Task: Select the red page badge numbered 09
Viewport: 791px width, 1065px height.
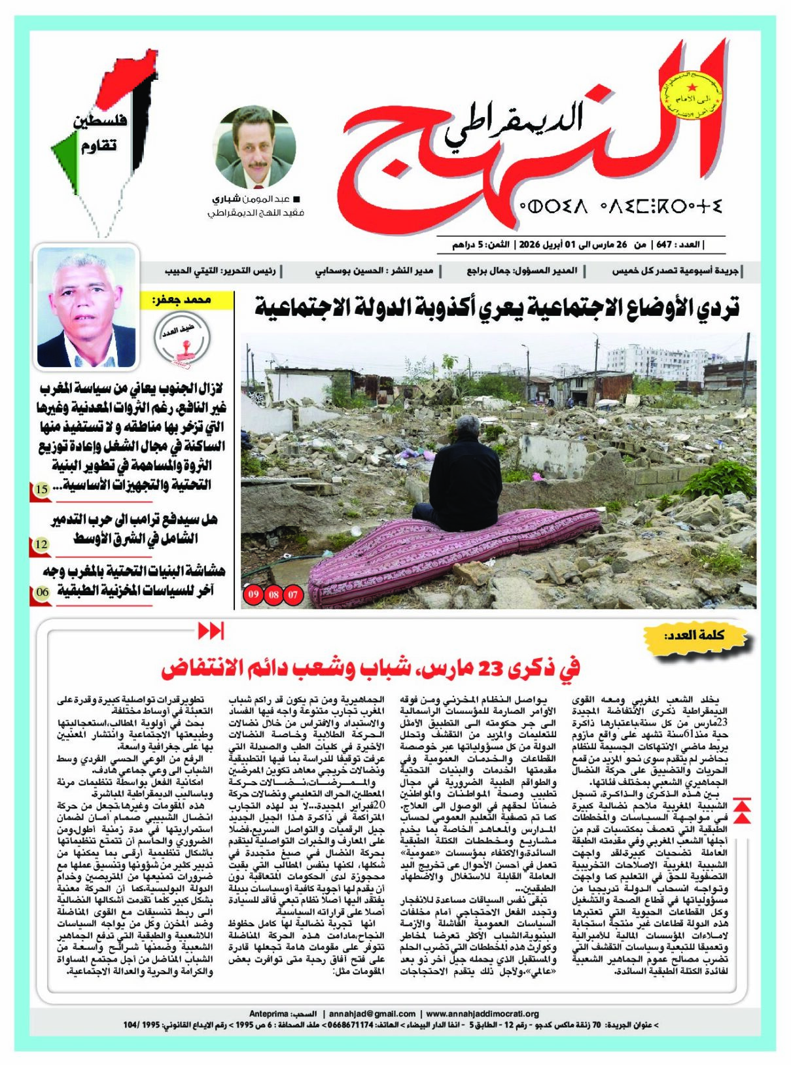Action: pos(253,595)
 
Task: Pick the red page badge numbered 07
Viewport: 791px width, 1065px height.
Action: pos(293,595)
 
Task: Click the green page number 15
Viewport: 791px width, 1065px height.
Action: pos(41,489)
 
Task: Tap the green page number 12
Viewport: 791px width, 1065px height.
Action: pos(41,544)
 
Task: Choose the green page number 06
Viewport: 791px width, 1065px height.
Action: pos(43,592)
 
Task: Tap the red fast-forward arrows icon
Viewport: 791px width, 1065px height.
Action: pos(211,631)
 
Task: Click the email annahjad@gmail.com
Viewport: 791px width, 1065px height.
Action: pos(372,1013)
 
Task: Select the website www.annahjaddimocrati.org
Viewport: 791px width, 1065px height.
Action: pos(482,1013)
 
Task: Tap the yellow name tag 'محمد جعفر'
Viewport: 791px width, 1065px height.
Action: pos(188,300)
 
